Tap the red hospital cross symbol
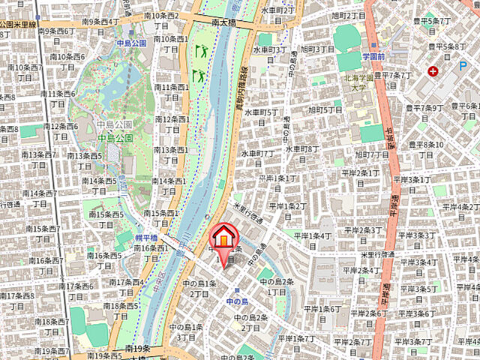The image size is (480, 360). (x=433, y=71)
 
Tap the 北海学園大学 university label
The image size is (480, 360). (x=364, y=80)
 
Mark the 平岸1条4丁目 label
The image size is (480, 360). (x=313, y=241)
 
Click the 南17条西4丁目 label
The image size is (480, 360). (x=127, y=287)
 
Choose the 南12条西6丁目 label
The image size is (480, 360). (x=59, y=131)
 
